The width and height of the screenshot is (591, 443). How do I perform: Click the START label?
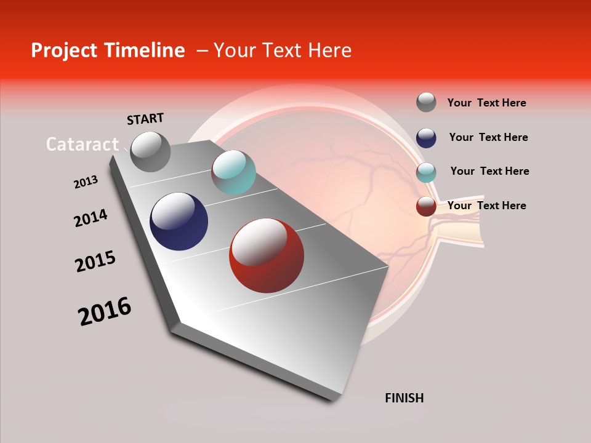145,119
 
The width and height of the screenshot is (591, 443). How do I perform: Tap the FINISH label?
404,398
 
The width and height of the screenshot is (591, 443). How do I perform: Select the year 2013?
86,182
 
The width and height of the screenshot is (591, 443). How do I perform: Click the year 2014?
90,218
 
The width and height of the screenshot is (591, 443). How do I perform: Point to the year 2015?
95,261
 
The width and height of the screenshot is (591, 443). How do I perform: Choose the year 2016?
105,311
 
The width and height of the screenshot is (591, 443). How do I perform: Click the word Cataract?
82,144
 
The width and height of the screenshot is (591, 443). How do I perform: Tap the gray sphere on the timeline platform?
150,151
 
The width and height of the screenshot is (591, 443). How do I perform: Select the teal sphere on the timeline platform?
233,172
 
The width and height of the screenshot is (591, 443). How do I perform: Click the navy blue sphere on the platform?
179,221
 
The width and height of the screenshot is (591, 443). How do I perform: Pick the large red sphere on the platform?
267,255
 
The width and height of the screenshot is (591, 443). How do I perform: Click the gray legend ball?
426,102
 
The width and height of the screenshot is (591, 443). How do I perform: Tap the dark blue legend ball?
426,137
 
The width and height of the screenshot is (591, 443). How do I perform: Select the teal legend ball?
426,172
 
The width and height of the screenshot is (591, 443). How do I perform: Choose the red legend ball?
426,206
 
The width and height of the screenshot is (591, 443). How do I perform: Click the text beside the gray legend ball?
486,103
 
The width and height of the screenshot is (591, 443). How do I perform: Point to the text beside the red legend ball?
486,206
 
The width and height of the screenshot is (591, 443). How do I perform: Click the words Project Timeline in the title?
108,50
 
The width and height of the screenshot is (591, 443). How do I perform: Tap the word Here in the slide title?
329,50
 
